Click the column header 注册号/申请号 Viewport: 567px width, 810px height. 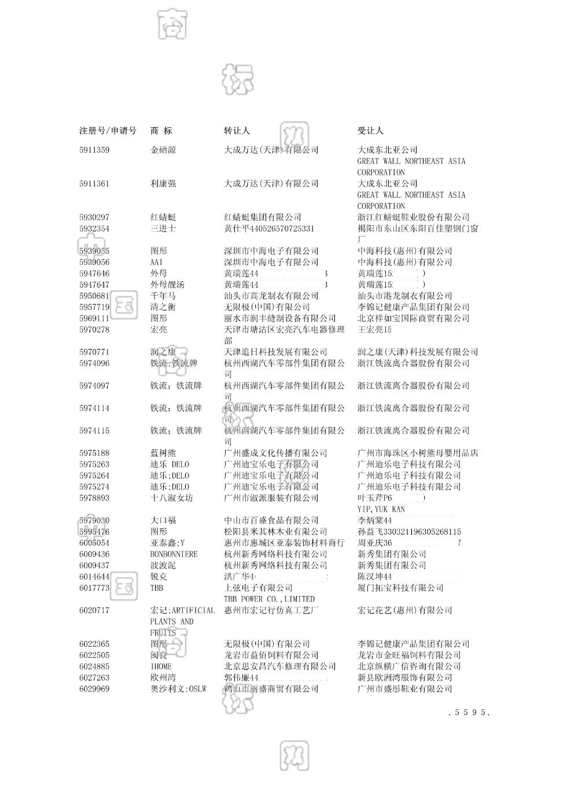[108, 131]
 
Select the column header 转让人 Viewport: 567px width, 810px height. [237, 131]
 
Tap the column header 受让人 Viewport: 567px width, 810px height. [370, 131]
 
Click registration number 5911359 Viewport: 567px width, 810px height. [94, 150]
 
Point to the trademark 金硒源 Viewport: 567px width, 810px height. [163, 150]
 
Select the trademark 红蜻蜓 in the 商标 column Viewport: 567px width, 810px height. [163, 218]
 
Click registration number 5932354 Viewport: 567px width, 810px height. [94, 229]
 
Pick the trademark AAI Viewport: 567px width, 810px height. [157, 262]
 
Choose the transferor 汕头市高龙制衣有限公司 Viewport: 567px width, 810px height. [271, 296]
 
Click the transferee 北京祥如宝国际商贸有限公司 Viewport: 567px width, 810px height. [413, 318]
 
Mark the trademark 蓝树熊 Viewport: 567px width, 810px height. [163, 453]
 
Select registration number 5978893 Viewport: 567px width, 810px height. [94, 498]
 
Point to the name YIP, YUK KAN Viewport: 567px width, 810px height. [381, 509]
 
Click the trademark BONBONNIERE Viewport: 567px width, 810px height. [174, 554]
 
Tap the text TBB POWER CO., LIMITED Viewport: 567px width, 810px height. [269, 599]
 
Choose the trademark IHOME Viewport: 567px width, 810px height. [161, 667]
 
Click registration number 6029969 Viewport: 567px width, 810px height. [94, 689]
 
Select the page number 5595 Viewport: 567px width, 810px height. [469, 713]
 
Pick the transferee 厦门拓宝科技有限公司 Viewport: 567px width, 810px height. [400, 588]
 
